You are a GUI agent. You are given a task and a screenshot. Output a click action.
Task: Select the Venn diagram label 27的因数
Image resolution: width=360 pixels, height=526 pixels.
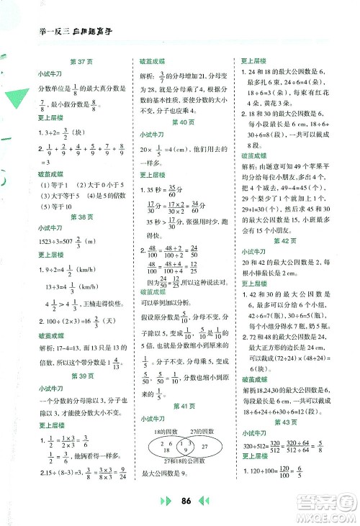(201, 430)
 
